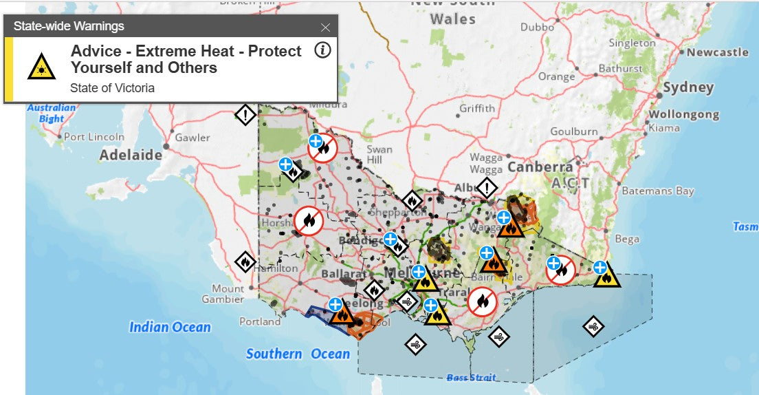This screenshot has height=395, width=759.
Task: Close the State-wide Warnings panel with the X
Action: pos(325,28)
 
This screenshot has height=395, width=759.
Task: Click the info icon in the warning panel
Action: pos(322,50)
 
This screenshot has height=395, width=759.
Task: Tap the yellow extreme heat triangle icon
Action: pos(41,67)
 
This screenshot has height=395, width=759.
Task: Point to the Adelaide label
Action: pos(131,155)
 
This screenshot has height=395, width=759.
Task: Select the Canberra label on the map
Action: pos(540,167)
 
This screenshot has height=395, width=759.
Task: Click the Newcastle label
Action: pos(717,52)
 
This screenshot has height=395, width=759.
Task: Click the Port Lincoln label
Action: pos(94,137)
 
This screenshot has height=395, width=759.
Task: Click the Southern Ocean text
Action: pos(298,354)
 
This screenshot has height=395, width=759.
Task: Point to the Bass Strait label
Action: pos(471,377)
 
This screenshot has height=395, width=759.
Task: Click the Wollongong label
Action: pos(683,114)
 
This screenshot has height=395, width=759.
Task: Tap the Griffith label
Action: pos(476,108)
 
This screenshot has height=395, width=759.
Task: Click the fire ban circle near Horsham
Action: pos(308,221)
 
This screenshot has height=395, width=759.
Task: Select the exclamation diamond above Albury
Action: pos(487,187)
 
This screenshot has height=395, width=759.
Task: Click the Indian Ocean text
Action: pos(170,327)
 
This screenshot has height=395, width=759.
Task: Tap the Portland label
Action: pos(260,321)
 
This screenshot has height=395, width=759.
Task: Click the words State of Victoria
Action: pos(112,88)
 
